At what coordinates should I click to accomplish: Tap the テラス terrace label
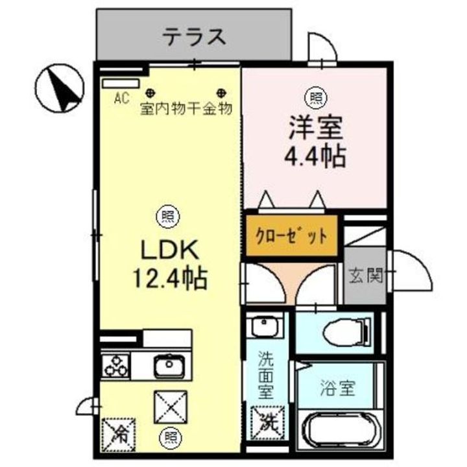point(194,36)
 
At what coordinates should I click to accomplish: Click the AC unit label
point(121,99)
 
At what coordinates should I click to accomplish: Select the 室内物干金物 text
point(186,109)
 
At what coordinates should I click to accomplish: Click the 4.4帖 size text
point(316,156)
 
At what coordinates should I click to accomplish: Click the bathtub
point(342,431)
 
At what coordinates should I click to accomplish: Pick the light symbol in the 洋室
point(316,98)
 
